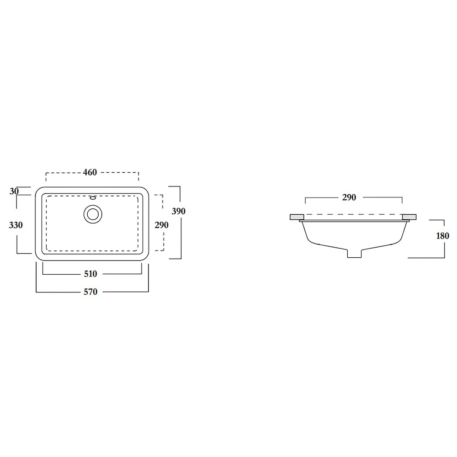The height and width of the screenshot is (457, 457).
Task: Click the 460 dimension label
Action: (90, 172)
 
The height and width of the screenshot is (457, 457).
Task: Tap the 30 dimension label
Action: (14, 191)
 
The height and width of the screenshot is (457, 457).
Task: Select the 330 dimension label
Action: (16, 225)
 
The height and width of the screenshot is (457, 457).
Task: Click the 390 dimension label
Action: (178, 211)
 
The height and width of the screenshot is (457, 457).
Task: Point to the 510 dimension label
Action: (90, 274)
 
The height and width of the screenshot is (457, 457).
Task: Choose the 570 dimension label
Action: (90, 292)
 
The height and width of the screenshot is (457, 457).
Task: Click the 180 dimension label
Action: (442, 236)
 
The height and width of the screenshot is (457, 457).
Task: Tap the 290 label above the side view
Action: (349, 197)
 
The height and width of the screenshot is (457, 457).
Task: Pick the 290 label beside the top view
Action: (161, 225)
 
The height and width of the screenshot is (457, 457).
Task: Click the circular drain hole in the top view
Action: (93, 214)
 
